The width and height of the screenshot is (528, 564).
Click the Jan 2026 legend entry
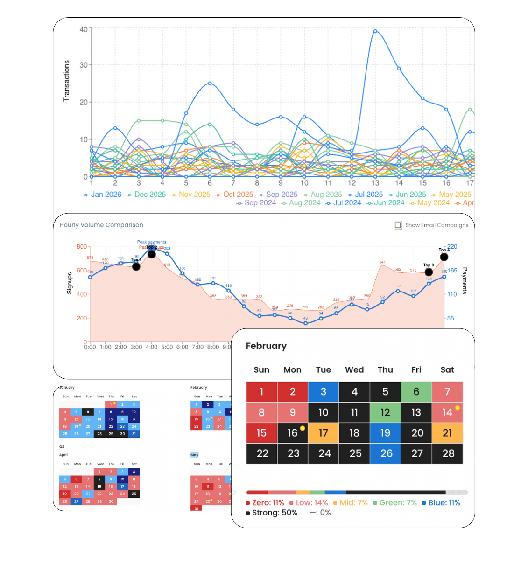102,195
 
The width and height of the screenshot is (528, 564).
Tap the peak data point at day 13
375,31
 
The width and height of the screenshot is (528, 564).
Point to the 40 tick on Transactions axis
84,29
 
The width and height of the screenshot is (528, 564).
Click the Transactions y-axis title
67,81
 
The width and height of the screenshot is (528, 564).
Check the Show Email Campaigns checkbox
398,225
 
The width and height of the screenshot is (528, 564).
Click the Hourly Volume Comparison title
101,225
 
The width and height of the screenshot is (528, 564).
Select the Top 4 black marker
444,257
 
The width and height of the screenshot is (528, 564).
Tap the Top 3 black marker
429,272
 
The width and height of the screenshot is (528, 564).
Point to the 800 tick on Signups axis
82,247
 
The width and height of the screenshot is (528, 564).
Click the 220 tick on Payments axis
452,247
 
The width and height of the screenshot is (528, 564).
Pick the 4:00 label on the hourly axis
152,347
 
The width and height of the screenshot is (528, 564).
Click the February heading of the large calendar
266,346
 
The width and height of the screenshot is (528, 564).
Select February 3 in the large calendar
324,392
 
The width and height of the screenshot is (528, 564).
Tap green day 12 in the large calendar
385,412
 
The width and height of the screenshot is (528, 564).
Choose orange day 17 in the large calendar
324,433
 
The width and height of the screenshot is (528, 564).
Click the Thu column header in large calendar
385,370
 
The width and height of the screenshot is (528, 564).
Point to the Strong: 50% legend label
272,513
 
